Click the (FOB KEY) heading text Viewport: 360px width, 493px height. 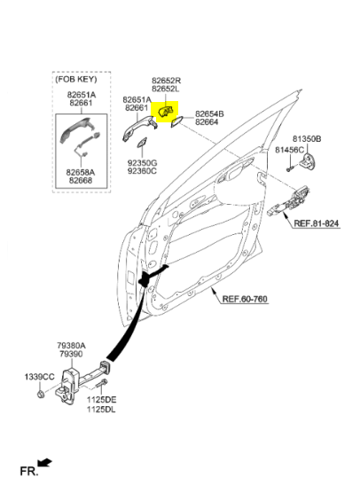point(76,79)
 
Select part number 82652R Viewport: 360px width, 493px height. point(167,81)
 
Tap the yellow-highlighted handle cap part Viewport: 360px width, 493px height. point(166,112)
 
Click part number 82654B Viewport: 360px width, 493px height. point(210,113)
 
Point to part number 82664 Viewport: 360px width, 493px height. point(207,121)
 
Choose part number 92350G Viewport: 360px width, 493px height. point(142,163)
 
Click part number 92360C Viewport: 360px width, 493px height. point(142,171)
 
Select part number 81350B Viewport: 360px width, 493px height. point(307,138)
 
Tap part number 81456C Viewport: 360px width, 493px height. point(290,150)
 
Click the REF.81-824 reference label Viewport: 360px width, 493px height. point(317,223)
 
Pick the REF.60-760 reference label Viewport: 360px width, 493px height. point(245,299)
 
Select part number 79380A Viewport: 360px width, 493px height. point(71,346)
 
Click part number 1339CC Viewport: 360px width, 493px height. point(40,377)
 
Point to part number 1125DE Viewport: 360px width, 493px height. point(102,400)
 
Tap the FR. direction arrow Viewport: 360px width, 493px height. point(44,463)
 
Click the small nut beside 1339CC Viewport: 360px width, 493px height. point(40,394)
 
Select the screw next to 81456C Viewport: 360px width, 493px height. point(290,168)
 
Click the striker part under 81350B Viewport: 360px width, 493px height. point(307,160)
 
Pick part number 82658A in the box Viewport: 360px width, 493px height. point(81,173)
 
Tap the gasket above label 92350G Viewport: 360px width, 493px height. point(141,143)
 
